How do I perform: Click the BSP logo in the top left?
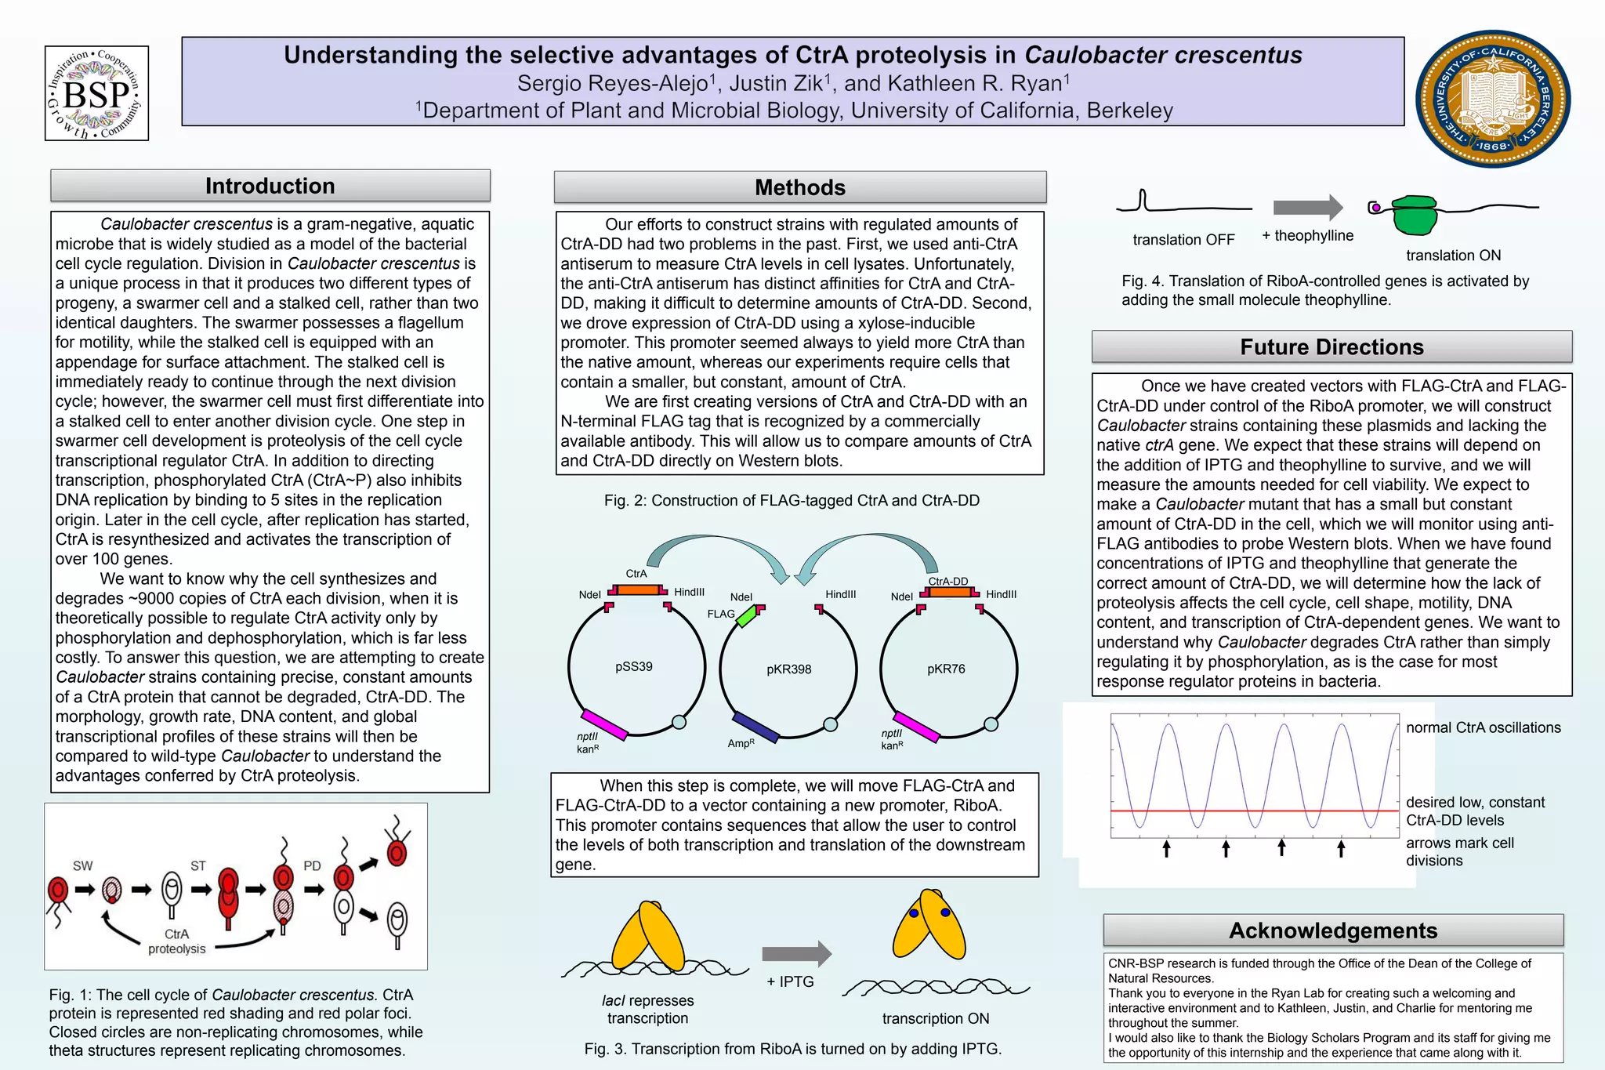[96, 93]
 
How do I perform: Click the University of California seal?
[1493, 99]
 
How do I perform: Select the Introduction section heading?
[270, 186]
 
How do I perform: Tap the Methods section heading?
[799, 187]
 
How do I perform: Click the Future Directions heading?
[1331, 346]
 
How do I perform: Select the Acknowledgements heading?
[1332, 930]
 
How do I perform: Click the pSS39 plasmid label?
[633, 666]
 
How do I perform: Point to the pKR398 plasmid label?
[788, 669]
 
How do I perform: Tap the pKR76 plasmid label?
[946, 669]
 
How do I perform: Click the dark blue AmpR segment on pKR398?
[755, 727]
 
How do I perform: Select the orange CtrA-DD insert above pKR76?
[950, 592]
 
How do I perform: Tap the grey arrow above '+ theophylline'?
[1307, 208]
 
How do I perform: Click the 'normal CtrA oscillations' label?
[1483, 727]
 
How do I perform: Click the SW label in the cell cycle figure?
[82, 865]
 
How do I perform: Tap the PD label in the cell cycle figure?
[312, 865]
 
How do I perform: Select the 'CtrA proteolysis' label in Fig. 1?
[176, 941]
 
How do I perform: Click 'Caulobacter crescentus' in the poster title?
[1163, 55]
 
